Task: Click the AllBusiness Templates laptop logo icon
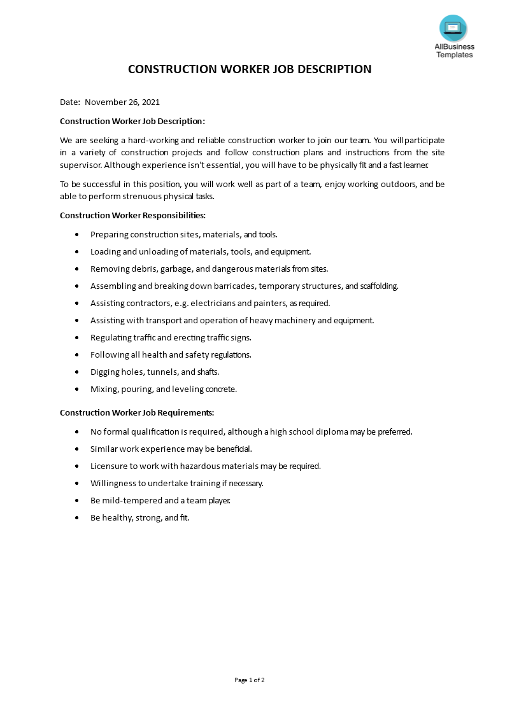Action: [x=453, y=29]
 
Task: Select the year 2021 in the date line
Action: [x=150, y=102]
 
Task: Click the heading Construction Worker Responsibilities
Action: [x=132, y=216]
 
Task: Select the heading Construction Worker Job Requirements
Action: [x=137, y=412]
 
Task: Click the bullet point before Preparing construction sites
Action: [x=76, y=235]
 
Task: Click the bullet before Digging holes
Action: [x=76, y=372]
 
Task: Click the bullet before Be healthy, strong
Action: [x=76, y=518]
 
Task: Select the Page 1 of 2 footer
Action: [x=250, y=680]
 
